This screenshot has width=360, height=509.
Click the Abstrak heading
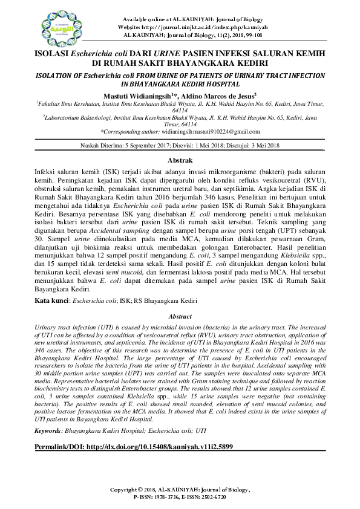(x=180, y=160)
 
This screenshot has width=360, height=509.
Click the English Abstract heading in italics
(x=180, y=316)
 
